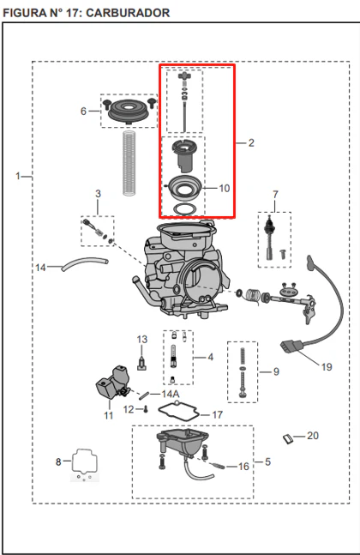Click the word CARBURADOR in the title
pyautogui.click(x=128, y=13)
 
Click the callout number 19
pyautogui.click(x=327, y=366)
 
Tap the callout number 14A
pyautogui.click(x=171, y=394)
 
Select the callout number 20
pyautogui.click(x=313, y=436)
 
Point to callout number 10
pyautogui.click(x=225, y=188)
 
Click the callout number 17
pyautogui.click(x=217, y=414)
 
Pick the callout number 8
pyautogui.click(x=58, y=461)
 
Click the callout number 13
pyautogui.click(x=141, y=340)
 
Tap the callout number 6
pyautogui.click(x=83, y=112)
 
